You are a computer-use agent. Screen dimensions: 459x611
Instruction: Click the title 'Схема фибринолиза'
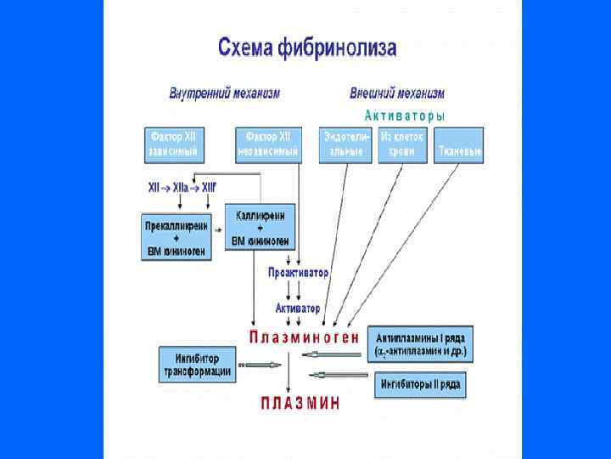click(x=306, y=47)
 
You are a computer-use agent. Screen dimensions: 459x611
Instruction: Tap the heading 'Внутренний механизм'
click(x=224, y=93)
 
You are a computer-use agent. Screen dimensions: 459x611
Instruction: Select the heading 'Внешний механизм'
click(x=396, y=93)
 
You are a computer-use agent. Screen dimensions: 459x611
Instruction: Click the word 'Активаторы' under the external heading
click(x=404, y=115)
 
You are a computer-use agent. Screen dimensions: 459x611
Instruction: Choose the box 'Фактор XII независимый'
click(x=268, y=144)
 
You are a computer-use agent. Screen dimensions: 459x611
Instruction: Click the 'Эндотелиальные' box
click(x=345, y=144)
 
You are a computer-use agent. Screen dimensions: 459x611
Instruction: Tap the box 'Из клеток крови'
click(x=403, y=144)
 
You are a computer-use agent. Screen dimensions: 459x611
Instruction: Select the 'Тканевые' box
click(x=459, y=145)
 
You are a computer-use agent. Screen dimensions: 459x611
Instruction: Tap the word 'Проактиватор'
click(x=298, y=273)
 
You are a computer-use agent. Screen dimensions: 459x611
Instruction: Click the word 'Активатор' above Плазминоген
click(x=298, y=307)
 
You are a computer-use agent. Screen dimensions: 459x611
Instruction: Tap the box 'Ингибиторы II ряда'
click(x=420, y=385)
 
